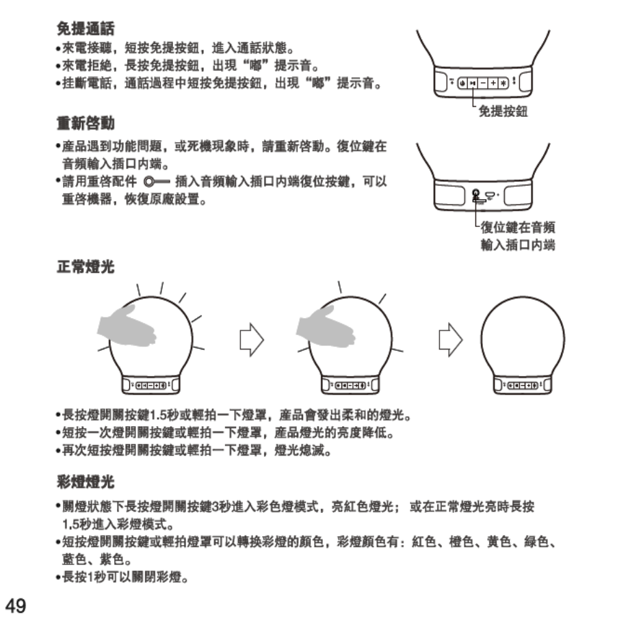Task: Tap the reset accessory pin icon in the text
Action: (x=156, y=183)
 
